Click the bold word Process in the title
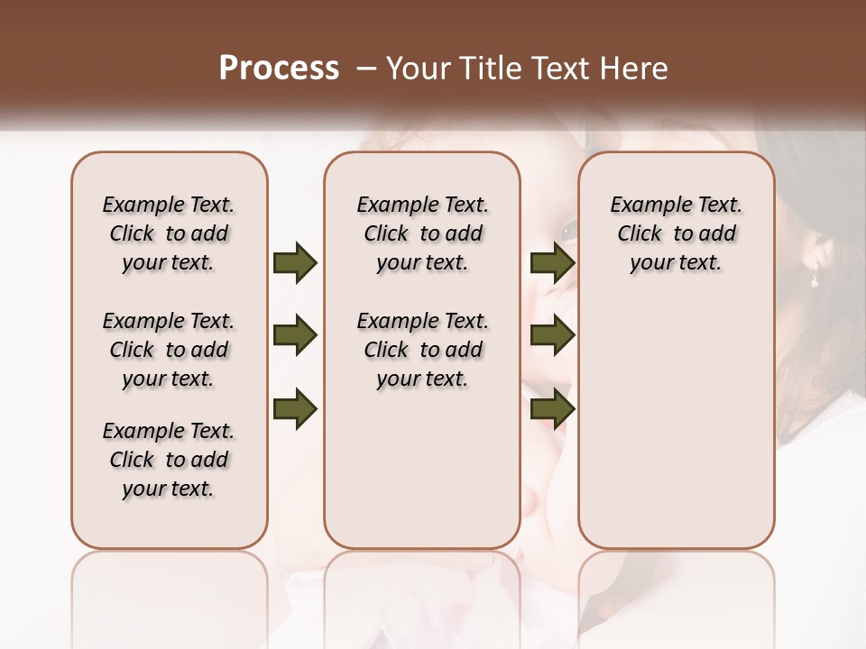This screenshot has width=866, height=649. pos(279,69)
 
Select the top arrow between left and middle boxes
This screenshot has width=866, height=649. pos(295,263)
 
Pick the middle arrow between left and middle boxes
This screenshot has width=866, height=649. pos(295,336)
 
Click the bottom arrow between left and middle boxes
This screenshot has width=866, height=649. pos(295,409)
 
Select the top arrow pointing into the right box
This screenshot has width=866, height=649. pos(553,263)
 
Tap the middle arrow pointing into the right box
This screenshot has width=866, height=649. pos(553,336)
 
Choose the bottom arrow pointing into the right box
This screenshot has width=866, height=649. pos(553,409)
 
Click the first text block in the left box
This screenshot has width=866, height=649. pos(169,233)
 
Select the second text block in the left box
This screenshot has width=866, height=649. pos(169,350)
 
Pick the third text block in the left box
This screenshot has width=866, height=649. pos(169,460)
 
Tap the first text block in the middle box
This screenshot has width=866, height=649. pos(422,233)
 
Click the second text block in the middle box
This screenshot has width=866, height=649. pos(422,350)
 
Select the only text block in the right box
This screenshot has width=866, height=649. pos(676,233)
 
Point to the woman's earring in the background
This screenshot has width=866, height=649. pos(814,279)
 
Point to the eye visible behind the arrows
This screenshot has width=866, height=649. pos(568,232)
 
